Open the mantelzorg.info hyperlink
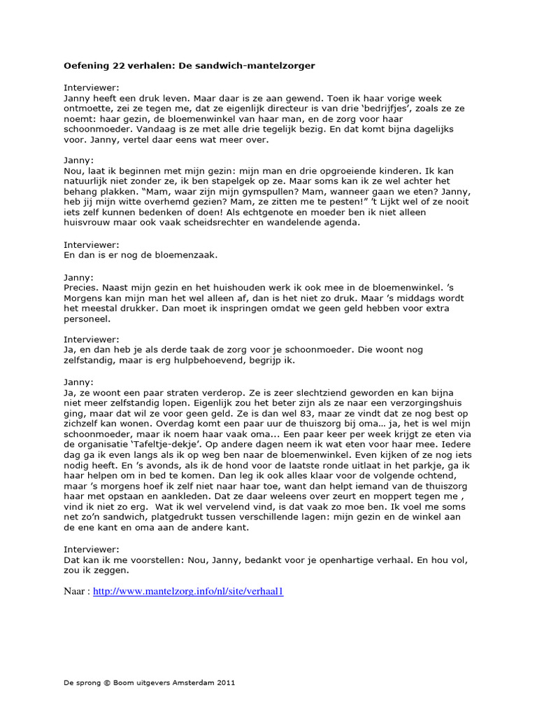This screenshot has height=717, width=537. (x=188, y=591)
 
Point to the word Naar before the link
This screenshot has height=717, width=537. (x=76, y=591)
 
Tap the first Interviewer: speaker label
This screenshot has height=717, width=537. (x=92, y=88)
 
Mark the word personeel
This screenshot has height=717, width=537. (x=87, y=319)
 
